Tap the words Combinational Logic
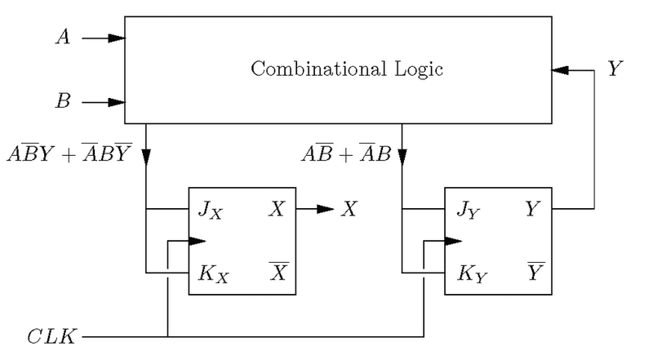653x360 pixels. point(347,69)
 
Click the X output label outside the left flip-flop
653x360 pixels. point(349,210)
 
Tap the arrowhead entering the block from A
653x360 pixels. point(118,38)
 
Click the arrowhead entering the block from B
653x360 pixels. point(118,103)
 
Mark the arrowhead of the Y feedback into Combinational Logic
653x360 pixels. point(560,70)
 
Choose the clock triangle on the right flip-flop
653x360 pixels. point(454,241)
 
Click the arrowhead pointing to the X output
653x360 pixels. point(326,210)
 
